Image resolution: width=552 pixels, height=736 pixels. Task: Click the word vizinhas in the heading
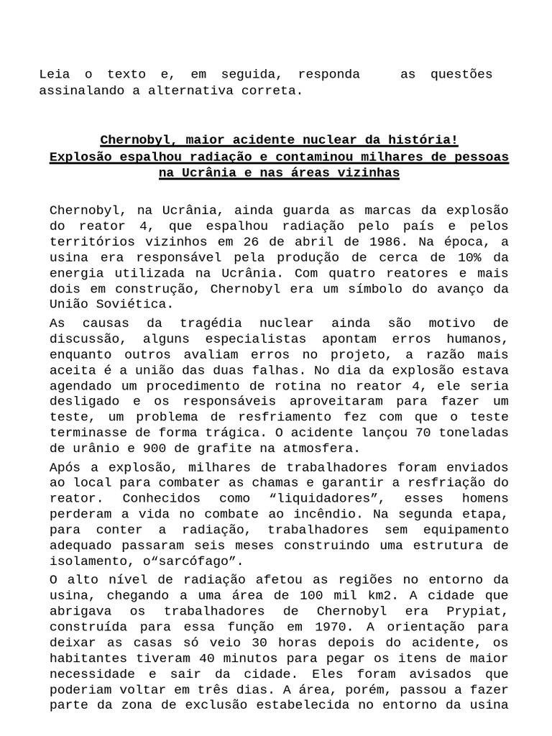pos(365,174)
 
